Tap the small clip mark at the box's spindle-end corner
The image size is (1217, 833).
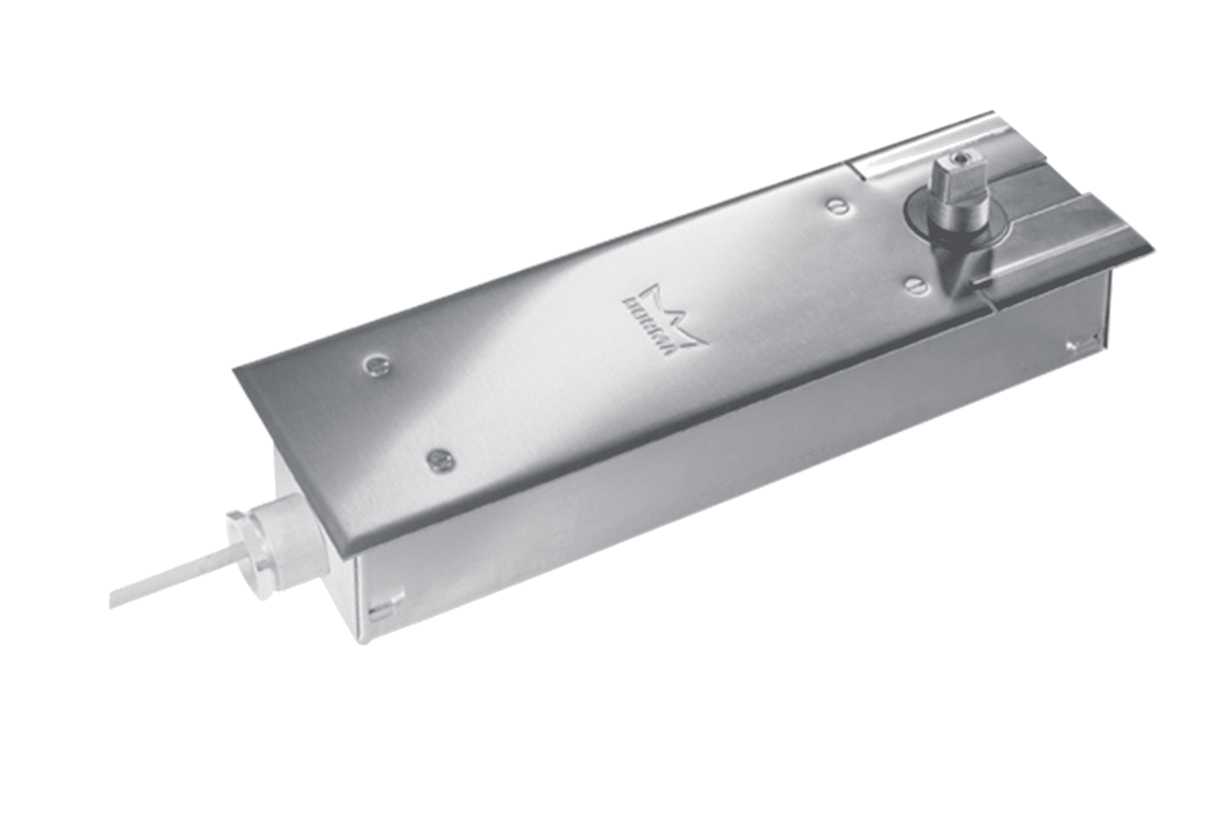1073,344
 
